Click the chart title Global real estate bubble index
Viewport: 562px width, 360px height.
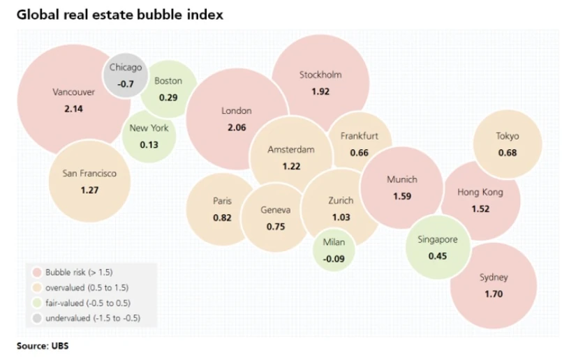pos(119,14)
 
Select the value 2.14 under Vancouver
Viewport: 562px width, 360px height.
pos(73,110)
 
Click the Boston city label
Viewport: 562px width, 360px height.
pos(168,80)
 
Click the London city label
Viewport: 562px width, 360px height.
pos(236,110)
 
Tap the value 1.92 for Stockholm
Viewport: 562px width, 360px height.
pos(320,91)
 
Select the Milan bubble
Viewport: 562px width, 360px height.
pos(332,249)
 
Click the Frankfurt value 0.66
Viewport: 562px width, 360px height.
pos(359,152)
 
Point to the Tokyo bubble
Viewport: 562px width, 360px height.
pos(508,144)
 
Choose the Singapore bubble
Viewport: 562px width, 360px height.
pos(437,247)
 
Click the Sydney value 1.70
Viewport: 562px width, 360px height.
pos(494,294)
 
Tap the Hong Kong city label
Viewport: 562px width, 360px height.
pos(480,192)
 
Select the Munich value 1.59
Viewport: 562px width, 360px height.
pos(401,196)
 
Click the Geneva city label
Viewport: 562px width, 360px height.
pos(275,209)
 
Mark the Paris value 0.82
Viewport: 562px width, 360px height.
pos(221,218)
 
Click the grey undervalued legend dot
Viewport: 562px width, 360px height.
pos(36,318)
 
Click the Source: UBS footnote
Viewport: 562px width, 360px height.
pos(43,345)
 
